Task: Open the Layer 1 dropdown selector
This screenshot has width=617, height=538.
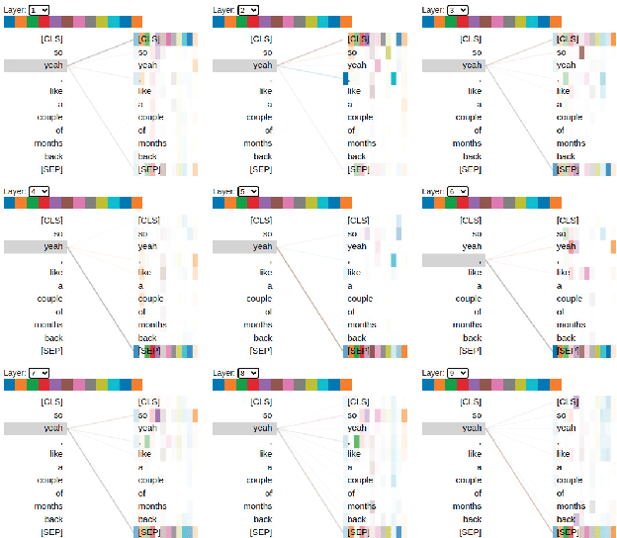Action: coord(39,9)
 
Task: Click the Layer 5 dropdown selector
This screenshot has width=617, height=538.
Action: coord(247,192)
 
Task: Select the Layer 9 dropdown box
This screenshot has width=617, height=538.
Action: coord(457,373)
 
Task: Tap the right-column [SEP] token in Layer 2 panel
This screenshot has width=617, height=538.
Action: coord(358,169)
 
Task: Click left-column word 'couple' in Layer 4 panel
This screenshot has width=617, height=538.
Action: coord(48,298)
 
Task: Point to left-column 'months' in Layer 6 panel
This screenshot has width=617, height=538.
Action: coord(467,324)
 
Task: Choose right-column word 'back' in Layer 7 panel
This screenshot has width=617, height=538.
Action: coord(147,519)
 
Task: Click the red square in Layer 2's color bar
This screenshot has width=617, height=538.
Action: coord(253,22)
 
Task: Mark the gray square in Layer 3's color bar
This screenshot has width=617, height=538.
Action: coord(509,22)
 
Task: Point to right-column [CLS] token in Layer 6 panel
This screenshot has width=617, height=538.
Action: coord(567,221)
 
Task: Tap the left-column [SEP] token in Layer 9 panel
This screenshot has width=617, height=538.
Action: coord(470,532)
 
